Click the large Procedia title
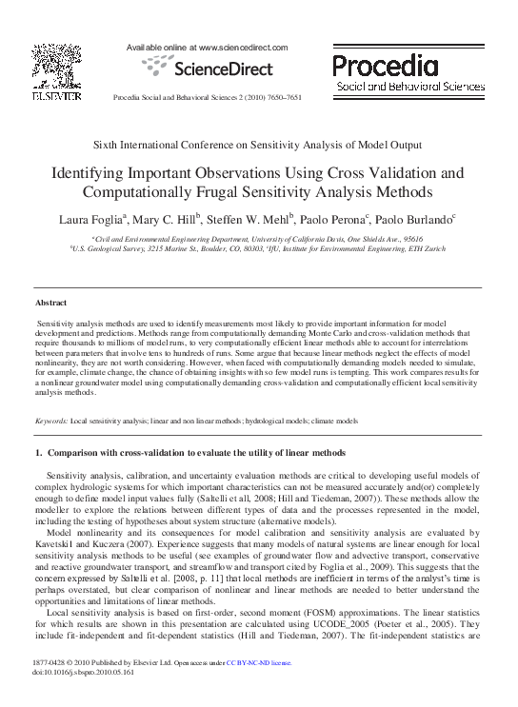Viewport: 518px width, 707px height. (386, 66)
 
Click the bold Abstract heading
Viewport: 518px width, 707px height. (50, 302)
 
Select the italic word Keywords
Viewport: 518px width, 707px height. (50, 420)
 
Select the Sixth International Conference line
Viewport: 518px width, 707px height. (257, 145)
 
